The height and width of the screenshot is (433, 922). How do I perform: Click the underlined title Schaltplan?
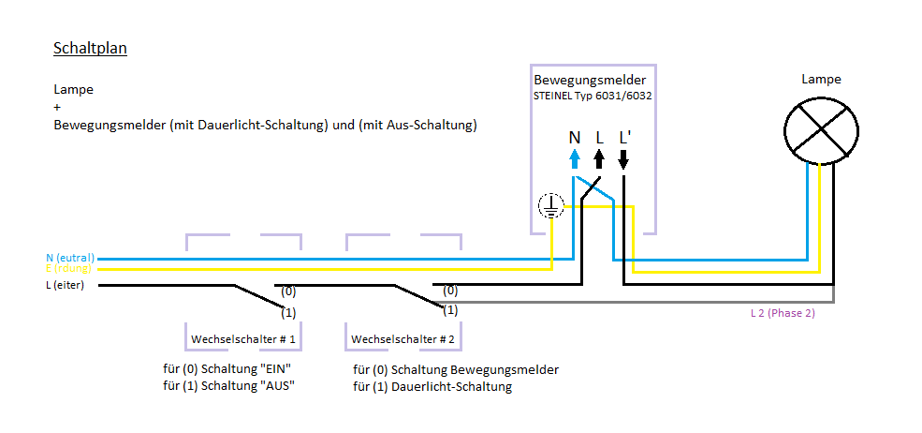click(x=90, y=48)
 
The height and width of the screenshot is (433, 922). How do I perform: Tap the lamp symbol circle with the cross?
click(x=822, y=128)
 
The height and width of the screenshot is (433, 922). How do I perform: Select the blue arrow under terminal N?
click(x=575, y=158)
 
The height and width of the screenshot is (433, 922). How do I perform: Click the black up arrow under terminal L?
click(x=599, y=158)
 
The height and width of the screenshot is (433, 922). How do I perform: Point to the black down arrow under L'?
click(x=623, y=158)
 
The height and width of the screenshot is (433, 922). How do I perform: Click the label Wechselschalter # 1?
click(x=243, y=338)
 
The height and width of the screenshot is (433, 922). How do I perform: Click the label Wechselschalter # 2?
click(x=402, y=338)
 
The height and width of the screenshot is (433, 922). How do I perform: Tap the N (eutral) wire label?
click(x=70, y=257)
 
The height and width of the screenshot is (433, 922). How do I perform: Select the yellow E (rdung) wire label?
click(x=70, y=269)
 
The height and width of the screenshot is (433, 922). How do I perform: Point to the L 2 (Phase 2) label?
click(x=783, y=313)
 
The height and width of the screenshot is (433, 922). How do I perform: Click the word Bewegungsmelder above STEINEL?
click(x=590, y=81)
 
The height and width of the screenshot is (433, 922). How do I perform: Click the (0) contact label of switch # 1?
click(x=288, y=291)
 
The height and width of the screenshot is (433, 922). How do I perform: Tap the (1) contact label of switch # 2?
click(x=449, y=309)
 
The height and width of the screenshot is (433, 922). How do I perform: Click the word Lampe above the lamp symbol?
click(x=821, y=80)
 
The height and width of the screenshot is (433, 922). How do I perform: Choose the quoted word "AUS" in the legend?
click(x=277, y=385)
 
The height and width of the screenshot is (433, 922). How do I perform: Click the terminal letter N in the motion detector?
click(x=574, y=137)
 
